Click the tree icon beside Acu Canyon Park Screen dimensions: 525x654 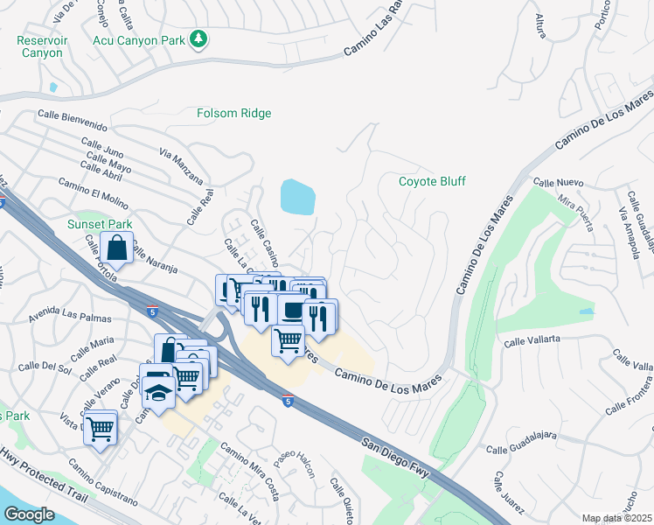[x=200, y=38]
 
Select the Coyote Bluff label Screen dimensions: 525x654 [x=432, y=181]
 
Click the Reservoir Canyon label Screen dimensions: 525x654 [x=40, y=46]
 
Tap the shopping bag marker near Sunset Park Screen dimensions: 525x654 [x=117, y=249]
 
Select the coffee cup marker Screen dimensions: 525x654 [x=291, y=311]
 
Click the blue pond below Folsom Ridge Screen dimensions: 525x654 [x=298, y=197]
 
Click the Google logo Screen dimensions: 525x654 [x=29, y=514]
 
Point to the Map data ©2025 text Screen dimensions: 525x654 [x=616, y=518]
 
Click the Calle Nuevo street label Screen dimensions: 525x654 [x=558, y=184]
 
